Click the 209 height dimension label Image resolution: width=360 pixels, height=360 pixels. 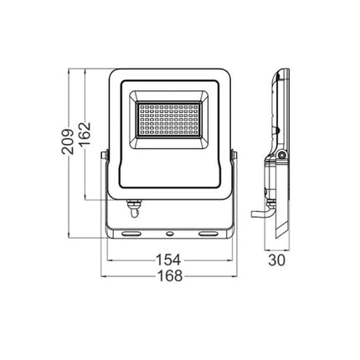68,141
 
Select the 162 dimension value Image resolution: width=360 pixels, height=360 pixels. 84,134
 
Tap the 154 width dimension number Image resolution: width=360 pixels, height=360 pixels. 168,260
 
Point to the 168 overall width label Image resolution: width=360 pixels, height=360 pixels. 170,275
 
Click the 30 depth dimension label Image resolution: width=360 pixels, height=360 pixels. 277,260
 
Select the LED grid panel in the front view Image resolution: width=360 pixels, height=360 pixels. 169,120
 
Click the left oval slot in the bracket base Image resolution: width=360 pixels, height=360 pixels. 131,233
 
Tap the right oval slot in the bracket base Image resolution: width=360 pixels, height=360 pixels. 208,233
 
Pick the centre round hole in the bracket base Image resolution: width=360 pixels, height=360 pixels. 169,234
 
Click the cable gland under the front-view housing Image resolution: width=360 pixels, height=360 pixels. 135,208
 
